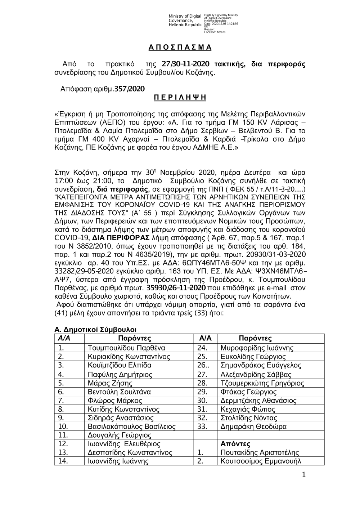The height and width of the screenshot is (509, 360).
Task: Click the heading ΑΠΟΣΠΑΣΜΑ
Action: pos(180,48)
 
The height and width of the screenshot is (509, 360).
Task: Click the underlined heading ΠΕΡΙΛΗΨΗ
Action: pos(180,97)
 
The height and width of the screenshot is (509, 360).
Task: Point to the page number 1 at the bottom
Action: pos(303,475)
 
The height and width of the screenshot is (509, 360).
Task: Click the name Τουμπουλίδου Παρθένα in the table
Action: pos(126,348)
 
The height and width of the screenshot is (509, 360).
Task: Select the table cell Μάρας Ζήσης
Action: pos(110,383)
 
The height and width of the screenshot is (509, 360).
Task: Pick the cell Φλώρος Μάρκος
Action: pos(115,401)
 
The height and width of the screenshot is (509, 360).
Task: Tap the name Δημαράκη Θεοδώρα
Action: pos(253,427)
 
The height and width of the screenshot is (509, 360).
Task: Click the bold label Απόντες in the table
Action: pos(235,444)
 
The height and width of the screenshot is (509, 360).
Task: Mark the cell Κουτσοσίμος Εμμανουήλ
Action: pos(261,461)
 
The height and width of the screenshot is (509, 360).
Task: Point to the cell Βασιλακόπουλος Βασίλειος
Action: pos(131,427)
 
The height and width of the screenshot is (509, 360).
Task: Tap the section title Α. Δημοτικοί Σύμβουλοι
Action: pos(95,330)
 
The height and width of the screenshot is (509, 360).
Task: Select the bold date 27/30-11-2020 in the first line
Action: pos(185,64)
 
